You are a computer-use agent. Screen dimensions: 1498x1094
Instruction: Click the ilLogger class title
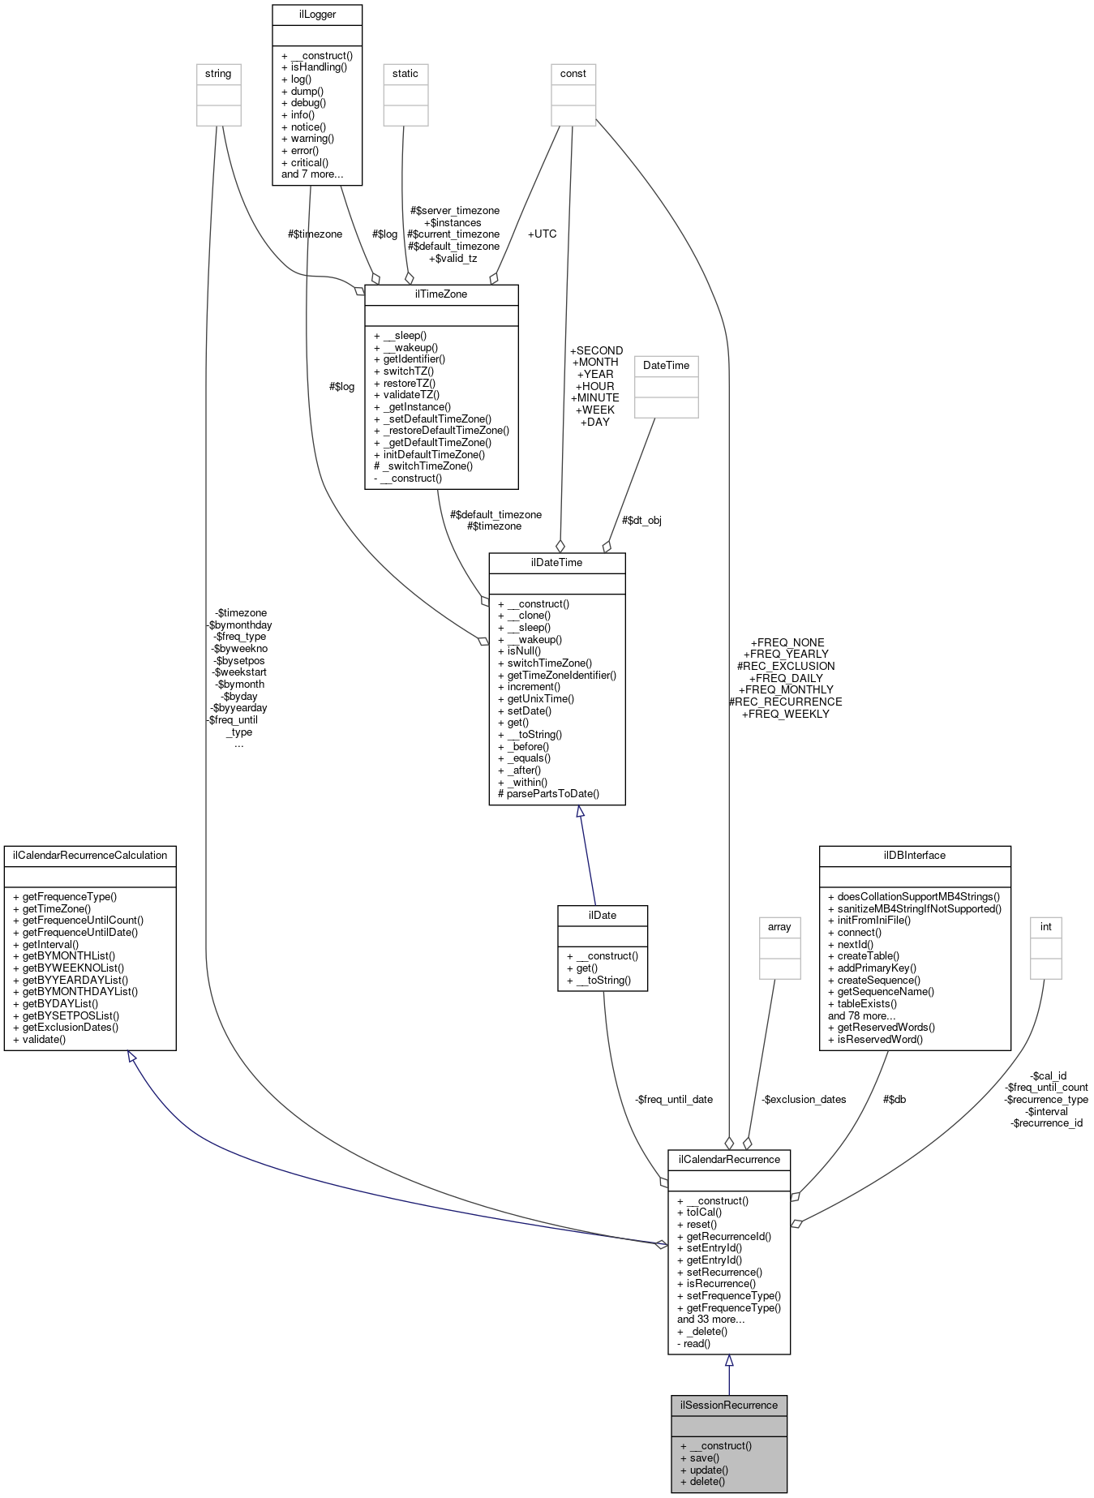pyautogui.click(x=316, y=14)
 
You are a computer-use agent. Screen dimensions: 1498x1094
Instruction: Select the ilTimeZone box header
pyautogui.click(x=441, y=294)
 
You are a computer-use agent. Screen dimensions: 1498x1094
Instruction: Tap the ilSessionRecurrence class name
pyautogui.click(x=728, y=1405)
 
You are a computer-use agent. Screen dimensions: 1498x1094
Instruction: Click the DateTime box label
pyautogui.click(x=666, y=366)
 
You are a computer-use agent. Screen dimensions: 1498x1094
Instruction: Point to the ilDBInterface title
pyautogui.click(x=914, y=855)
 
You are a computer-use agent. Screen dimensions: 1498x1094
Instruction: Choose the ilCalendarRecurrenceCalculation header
pyautogui.click(x=90, y=855)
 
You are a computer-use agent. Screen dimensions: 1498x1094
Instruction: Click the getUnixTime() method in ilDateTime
pyautogui.click(x=540, y=698)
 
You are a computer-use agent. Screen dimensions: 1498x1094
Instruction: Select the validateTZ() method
pyautogui.click(x=411, y=395)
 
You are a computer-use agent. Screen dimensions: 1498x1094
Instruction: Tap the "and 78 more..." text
pyautogui.click(x=861, y=1015)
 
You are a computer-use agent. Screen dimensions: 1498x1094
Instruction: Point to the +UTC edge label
pyautogui.click(x=542, y=234)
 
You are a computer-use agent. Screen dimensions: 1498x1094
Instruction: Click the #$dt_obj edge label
pyautogui.click(x=641, y=520)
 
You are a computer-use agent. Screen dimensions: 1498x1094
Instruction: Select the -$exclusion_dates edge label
pyautogui.click(x=804, y=1099)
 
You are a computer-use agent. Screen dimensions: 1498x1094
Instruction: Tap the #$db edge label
pyautogui.click(x=895, y=1099)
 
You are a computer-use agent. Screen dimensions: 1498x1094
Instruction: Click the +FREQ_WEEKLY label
pyautogui.click(x=785, y=714)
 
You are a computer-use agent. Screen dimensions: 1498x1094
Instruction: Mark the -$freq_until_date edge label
pyautogui.click(x=673, y=1099)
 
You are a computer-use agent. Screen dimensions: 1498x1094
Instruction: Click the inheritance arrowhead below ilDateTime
pyautogui.click(x=580, y=812)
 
